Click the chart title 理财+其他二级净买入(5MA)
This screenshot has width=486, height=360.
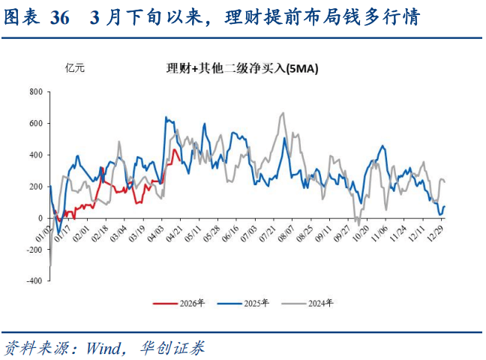[x=243, y=69]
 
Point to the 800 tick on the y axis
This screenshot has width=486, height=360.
[x=34, y=91]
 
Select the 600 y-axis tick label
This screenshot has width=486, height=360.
[x=34, y=123]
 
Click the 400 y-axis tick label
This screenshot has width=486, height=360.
[x=34, y=155]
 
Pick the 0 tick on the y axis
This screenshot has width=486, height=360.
[x=40, y=218]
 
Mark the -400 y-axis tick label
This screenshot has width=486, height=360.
[x=33, y=281]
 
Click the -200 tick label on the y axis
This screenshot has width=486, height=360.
[x=33, y=250]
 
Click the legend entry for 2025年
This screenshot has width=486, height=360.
[x=242, y=303]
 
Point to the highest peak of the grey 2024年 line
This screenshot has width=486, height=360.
[x=283, y=113]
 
